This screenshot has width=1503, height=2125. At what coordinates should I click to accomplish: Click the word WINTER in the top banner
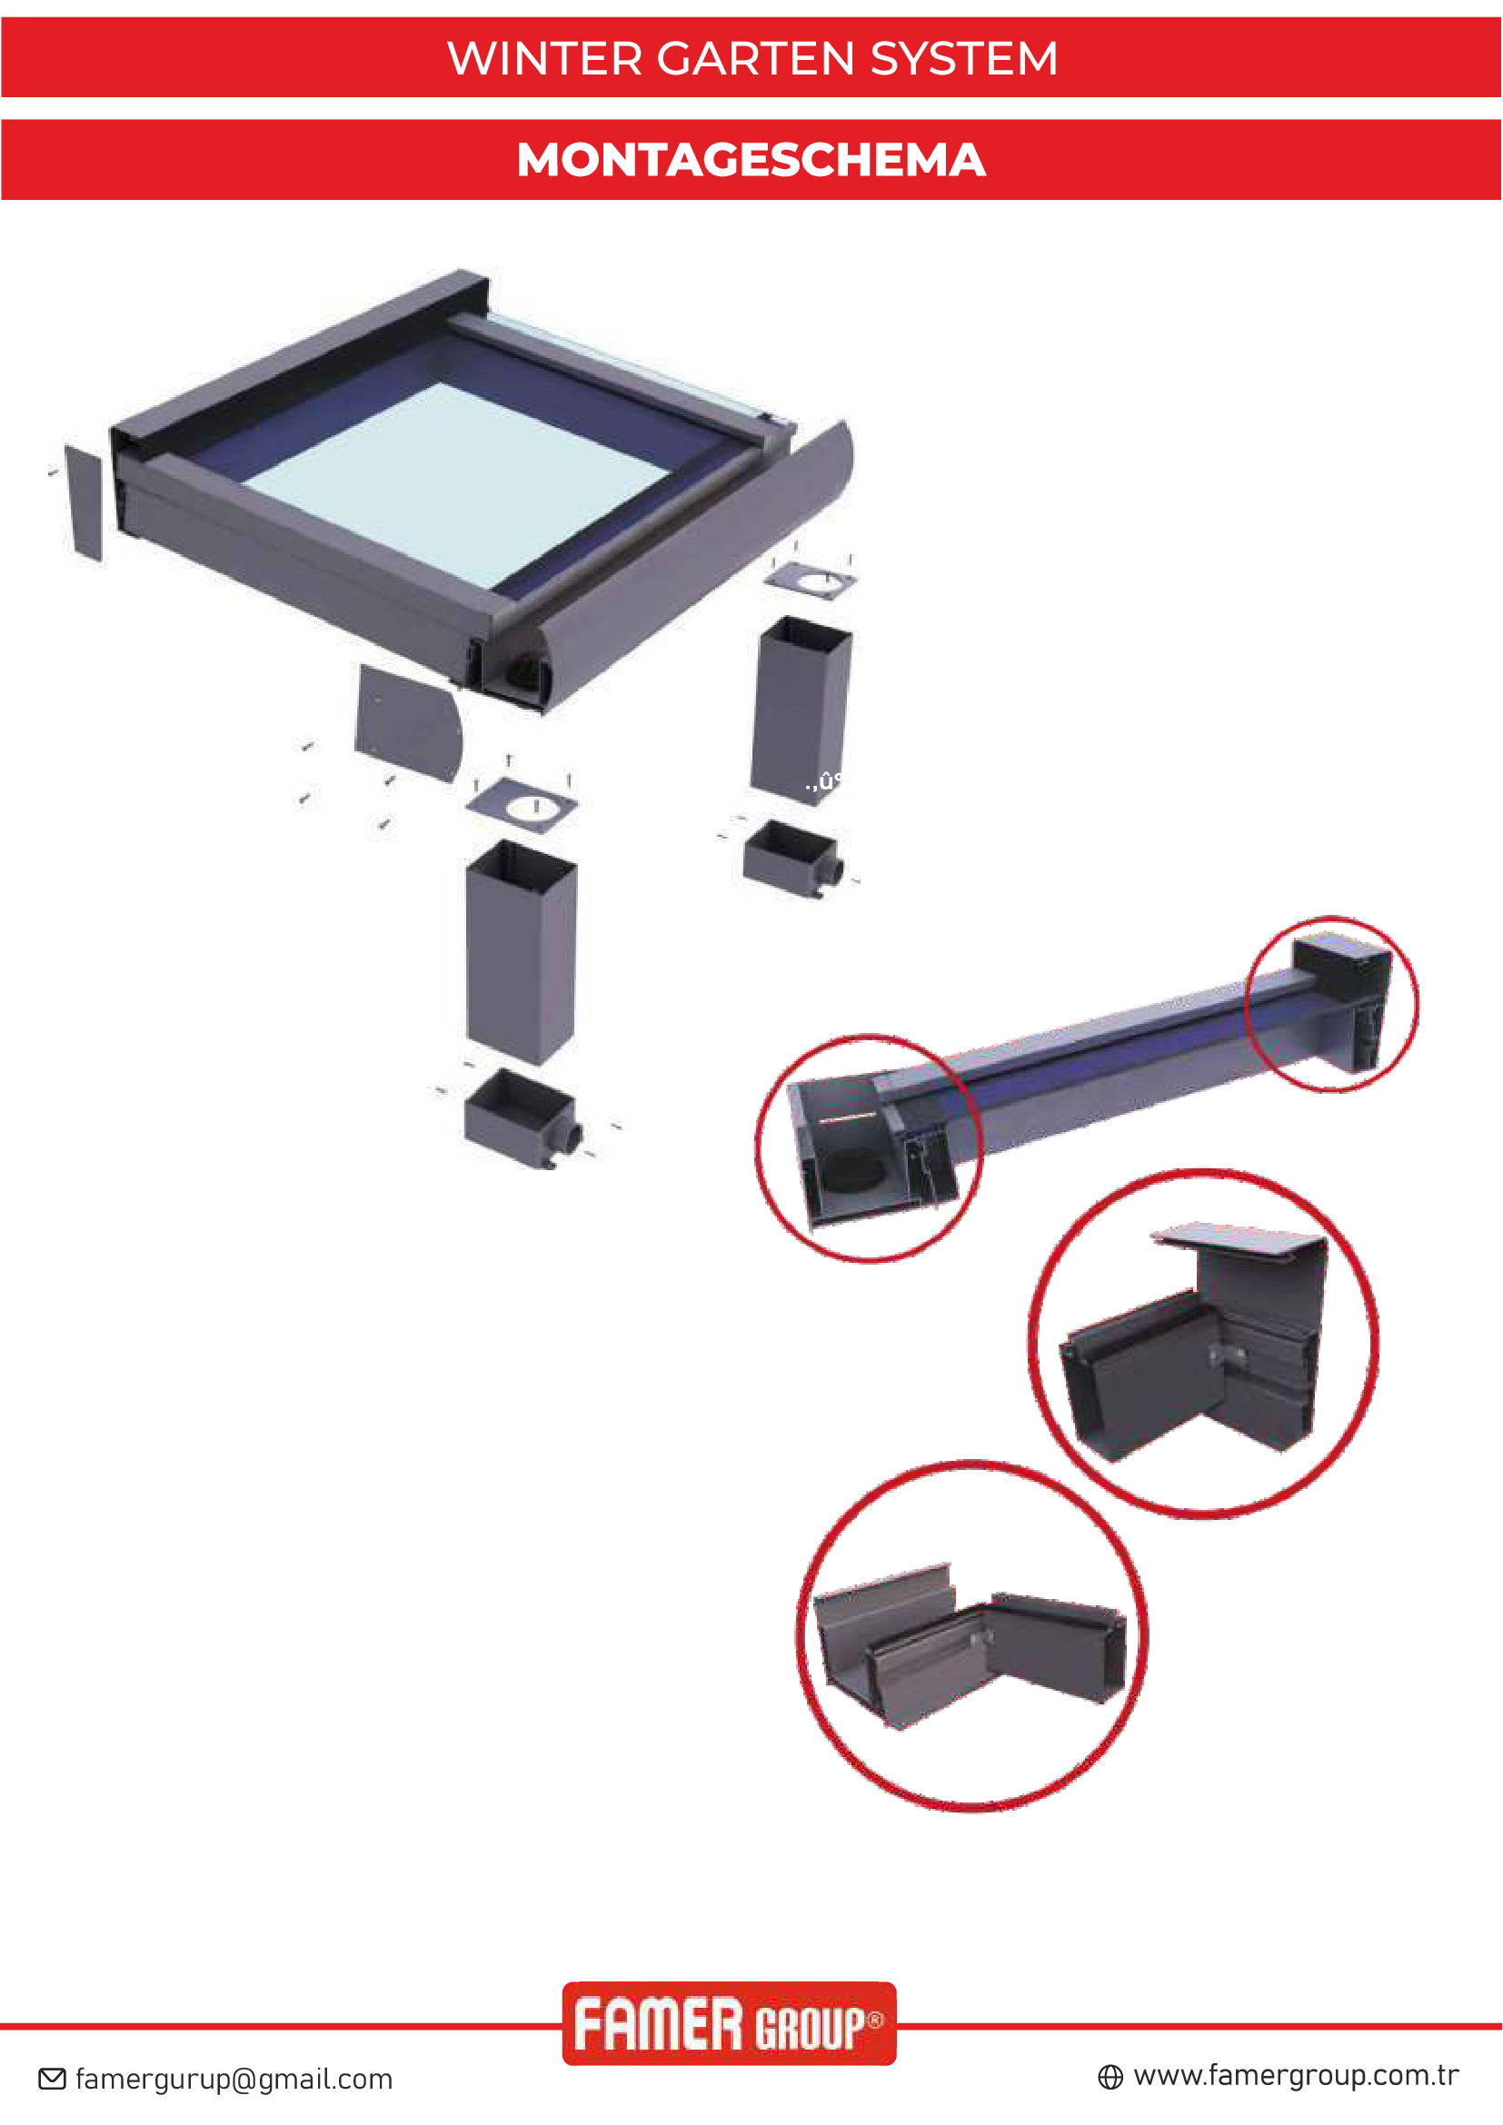pos(544,58)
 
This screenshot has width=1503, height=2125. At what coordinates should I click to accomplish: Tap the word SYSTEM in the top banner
pos(963,58)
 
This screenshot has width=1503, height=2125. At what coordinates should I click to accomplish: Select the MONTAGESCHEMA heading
pos(751,159)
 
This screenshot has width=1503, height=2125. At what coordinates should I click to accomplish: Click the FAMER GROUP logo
pos(730,2023)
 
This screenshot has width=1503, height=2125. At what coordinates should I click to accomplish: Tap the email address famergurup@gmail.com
pos(234,2080)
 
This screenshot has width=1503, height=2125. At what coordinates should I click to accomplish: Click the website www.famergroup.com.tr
pos(1296,2076)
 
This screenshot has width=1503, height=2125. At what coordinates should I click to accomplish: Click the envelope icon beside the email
pos(52,2079)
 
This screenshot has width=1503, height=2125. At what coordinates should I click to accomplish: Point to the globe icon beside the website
pos(1110,2078)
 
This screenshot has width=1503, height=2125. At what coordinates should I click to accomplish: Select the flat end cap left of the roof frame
pos(84,502)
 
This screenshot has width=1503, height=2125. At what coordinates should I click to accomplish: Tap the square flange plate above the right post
pos(810,581)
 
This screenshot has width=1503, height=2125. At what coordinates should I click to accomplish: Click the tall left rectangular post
pos(521,952)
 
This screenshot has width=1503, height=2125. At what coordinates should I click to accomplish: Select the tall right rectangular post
pos(801,710)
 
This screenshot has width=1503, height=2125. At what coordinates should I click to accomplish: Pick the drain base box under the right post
pos(792,858)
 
